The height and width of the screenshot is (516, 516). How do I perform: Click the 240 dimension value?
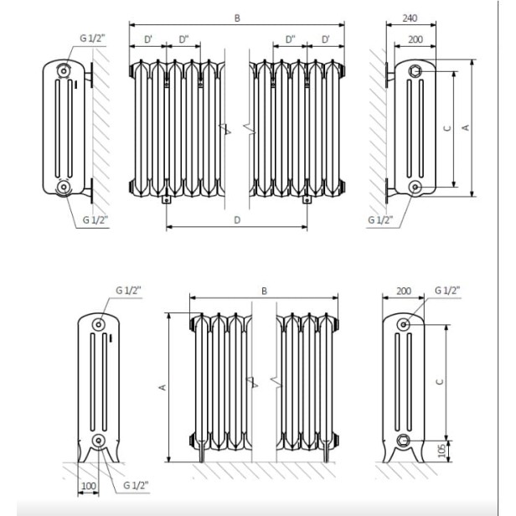[410, 17]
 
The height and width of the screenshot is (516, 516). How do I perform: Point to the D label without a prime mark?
[237, 219]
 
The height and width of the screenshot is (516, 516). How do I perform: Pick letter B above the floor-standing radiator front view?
[264, 291]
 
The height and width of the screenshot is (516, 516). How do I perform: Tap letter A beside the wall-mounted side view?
[466, 127]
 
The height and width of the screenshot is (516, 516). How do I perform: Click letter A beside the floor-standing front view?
[162, 387]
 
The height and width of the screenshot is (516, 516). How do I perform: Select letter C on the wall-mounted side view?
[446, 128]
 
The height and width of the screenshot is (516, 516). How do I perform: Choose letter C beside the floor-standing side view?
[441, 381]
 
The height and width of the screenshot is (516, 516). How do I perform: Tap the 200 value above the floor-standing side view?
[404, 291]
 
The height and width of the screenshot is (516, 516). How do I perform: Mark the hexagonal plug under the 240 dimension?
[416, 73]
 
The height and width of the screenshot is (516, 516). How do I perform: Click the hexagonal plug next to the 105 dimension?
[405, 441]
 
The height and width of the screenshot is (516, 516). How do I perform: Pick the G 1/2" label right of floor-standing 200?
[448, 291]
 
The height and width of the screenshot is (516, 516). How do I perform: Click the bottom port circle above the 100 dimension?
[100, 441]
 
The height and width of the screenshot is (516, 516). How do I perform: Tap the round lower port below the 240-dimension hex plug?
[416, 185]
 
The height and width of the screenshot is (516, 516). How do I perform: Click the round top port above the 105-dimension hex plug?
[405, 324]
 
